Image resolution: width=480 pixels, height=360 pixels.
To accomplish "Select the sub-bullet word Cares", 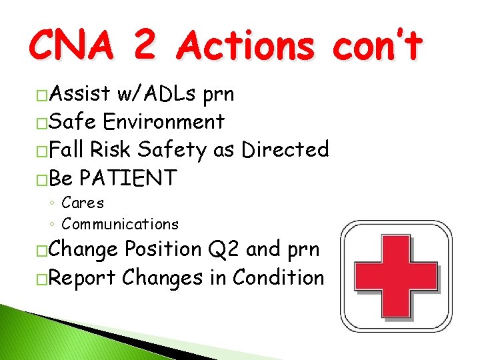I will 83,203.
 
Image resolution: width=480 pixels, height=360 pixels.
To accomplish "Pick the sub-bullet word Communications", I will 120,224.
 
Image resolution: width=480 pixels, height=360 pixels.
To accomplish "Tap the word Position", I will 163,249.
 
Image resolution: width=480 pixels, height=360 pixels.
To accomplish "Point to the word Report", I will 83,277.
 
